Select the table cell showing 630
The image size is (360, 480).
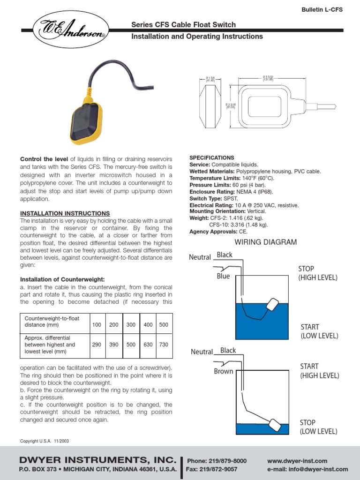click(148, 345)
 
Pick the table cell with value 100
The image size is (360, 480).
click(97, 324)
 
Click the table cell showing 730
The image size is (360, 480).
click(163, 345)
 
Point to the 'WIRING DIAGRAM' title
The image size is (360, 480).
click(266, 242)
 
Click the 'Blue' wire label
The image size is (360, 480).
click(223, 276)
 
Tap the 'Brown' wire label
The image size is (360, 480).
click(224, 371)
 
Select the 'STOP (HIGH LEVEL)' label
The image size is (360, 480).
click(317, 273)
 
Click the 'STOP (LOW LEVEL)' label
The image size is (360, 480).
click(318, 427)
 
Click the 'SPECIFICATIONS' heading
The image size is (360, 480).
click(211, 158)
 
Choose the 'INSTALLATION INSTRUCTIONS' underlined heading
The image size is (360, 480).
click(65, 213)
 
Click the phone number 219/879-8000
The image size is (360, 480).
click(217, 461)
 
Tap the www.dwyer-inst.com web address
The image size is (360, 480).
click(297, 461)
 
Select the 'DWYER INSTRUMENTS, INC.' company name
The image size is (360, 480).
click(97, 459)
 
